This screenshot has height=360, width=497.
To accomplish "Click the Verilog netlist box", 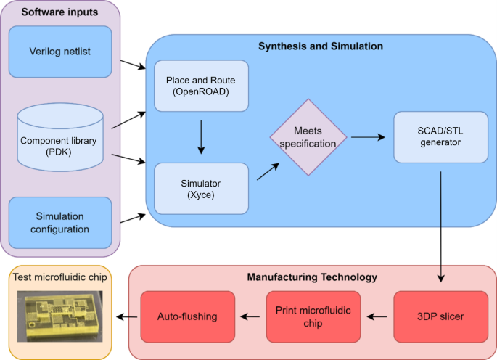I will pos(60,51).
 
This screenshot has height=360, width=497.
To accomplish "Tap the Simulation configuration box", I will pos(60,222).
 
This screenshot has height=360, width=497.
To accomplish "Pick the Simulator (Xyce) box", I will pos(201,188).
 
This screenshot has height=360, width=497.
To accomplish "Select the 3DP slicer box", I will pos(441,316).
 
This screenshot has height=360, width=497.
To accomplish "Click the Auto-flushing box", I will pos(187,316).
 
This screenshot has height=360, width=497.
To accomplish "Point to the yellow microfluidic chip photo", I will pos(59,318).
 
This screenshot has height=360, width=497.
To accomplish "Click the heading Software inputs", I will pos(50,12).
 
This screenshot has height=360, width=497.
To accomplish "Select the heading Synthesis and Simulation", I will pos(321,46).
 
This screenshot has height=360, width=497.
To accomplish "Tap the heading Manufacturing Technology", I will pos(313,277).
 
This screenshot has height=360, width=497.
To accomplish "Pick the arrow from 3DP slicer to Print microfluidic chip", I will pos(376,316).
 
